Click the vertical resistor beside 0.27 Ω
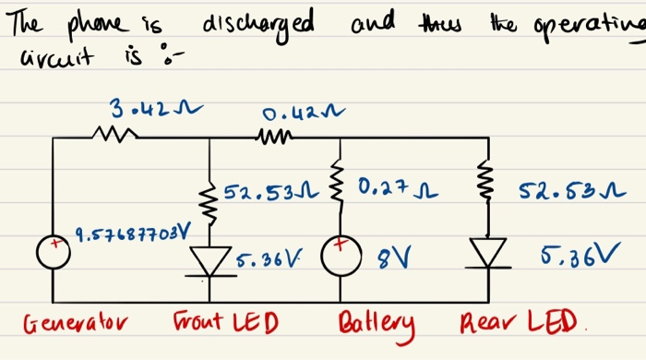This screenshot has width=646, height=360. [x=341, y=191]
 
